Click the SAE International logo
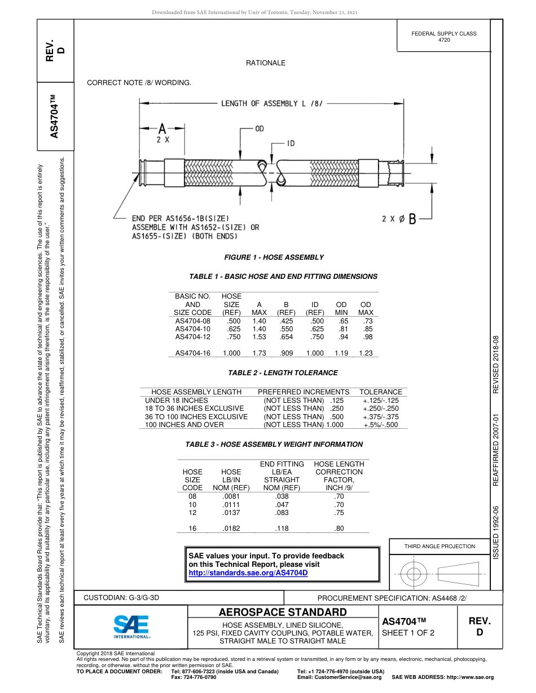click(x=131, y=626)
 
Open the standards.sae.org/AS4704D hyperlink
click(x=248, y=572)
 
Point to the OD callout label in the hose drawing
click(x=260, y=129)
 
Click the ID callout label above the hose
click(x=290, y=144)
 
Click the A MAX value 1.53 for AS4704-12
click(x=259, y=337)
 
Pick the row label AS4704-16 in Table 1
click(x=192, y=353)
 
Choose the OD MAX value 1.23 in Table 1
click(x=366, y=353)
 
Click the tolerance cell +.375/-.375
click(x=381, y=416)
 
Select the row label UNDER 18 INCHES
click(x=177, y=400)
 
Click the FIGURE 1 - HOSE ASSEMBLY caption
click(x=274, y=257)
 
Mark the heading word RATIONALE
click(x=266, y=63)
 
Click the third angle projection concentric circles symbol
click(x=414, y=575)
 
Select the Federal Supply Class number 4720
click(x=444, y=40)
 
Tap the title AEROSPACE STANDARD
click(x=283, y=612)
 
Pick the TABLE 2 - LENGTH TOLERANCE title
click(x=283, y=373)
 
